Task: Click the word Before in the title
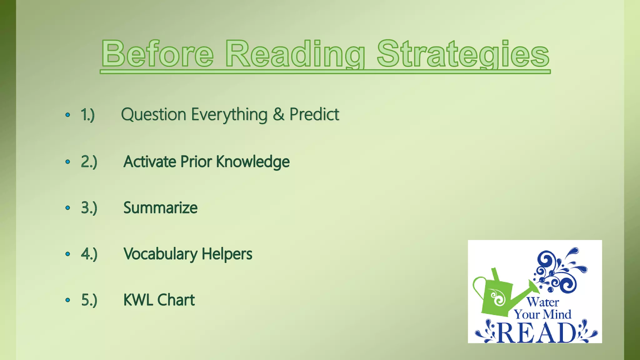coord(157,54)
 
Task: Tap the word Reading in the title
coord(295,54)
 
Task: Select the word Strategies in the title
coord(463,54)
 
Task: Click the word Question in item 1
coord(153,115)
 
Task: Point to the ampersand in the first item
coord(278,114)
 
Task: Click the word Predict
coord(314,114)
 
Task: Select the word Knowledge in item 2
coord(253,162)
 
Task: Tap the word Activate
coord(150,162)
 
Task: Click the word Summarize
coord(160,208)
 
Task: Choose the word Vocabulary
coord(160,254)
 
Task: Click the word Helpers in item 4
coord(227,254)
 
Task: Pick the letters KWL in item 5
coord(139,300)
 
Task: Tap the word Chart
coord(176,300)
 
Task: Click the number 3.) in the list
coord(89,208)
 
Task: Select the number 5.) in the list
coord(89,300)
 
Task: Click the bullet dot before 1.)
coord(68,115)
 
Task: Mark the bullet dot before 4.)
coord(68,254)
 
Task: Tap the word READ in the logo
coord(536,332)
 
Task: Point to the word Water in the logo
coord(543,302)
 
